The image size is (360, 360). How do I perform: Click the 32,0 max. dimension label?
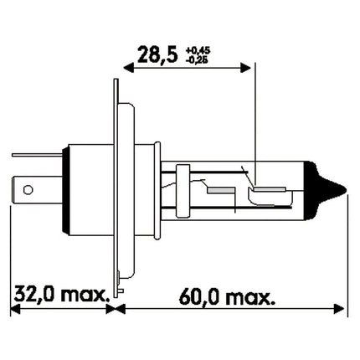coord(61,295)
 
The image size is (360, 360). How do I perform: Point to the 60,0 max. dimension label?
coord(224,295)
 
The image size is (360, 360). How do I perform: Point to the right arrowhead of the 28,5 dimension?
coord(247,66)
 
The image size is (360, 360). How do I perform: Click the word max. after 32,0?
coord(87,295)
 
